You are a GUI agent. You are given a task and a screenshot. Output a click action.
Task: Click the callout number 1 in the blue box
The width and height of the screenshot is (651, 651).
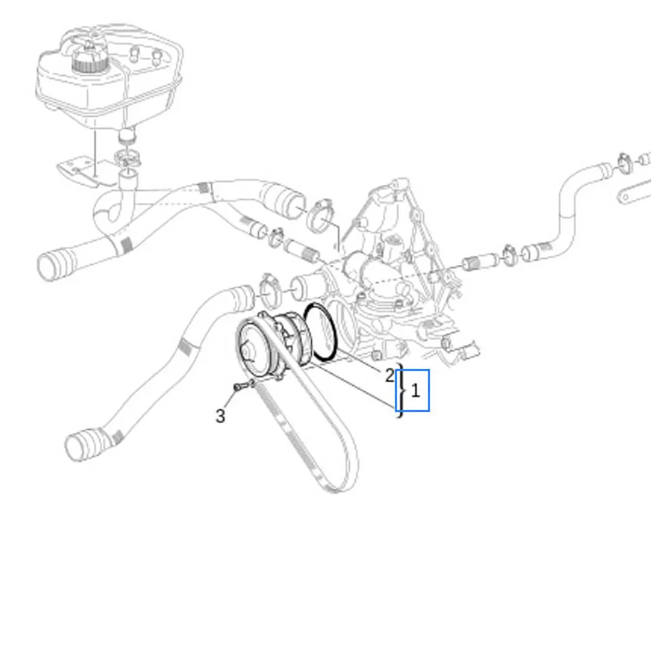(x=415, y=391)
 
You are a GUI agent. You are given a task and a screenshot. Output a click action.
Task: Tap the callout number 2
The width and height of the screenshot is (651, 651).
(x=389, y=376)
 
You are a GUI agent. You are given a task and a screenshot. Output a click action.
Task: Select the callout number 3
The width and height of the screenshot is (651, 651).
(x=221, y=415)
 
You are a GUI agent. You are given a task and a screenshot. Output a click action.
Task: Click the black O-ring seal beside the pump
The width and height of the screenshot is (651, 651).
(x=320, y=331)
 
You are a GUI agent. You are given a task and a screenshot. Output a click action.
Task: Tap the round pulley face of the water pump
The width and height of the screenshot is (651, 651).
(x=254, y=350)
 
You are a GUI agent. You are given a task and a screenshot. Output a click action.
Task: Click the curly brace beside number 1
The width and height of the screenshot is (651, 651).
(x=401, y=391)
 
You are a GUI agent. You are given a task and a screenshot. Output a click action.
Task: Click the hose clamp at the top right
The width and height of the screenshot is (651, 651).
(x=624, y=162)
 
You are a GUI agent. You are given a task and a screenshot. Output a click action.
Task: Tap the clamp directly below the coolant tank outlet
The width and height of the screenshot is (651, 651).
(x=128, y=158)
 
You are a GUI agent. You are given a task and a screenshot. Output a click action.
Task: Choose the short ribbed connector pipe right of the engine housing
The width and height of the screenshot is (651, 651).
(x=480, y=262)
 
